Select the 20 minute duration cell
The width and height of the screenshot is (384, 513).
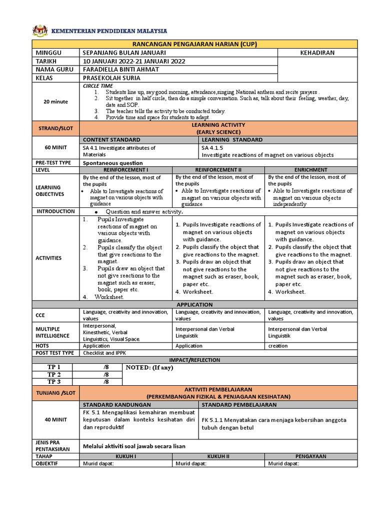[55, 101]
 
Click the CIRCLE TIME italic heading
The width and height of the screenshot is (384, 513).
[97, 86]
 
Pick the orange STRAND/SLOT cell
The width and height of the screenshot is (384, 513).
[55, 128]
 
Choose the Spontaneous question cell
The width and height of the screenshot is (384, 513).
[112, 163]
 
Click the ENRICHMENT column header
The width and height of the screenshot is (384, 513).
[311, 170]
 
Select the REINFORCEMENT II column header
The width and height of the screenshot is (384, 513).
[218, 170]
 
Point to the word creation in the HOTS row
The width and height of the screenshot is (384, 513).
[278, 346]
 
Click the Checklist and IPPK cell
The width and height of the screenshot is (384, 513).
[105, 353]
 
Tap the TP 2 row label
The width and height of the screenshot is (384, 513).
[54, 374]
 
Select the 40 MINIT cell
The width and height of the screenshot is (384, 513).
[55, 420]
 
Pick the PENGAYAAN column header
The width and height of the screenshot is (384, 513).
[311, 457]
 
